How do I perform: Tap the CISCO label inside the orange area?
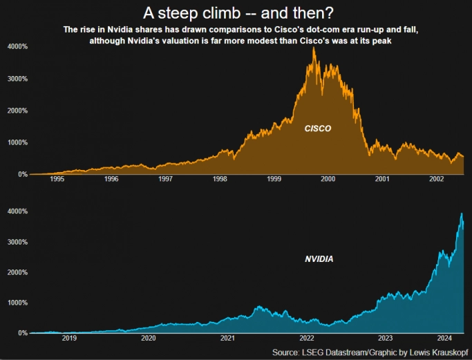point(318,129)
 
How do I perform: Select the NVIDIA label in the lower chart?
point(319,259)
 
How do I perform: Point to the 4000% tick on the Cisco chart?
point(17,46)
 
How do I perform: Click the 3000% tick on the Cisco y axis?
point(17,78)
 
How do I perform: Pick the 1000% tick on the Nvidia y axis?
point(17,303)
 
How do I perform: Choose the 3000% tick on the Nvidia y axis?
point(17,242)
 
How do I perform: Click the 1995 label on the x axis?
point(57,179)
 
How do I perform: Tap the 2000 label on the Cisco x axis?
point(328,179)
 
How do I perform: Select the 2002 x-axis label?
point(436,179)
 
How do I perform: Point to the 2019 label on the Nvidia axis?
point(69,338)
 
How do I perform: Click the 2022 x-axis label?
point(307,338)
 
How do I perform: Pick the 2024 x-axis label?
point(444,338)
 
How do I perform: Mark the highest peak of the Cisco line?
point(314,48)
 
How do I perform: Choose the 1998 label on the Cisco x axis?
point(220,179)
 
